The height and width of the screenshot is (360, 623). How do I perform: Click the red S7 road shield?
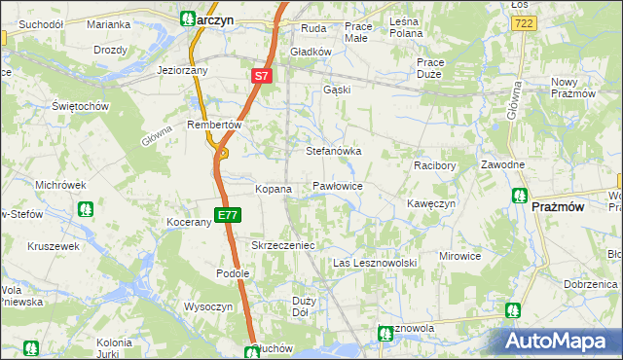point(261,75)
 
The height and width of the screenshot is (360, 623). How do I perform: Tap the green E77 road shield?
point(227,215)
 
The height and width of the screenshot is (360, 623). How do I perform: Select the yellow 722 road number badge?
point(525,21)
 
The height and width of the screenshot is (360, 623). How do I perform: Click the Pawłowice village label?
point(338,184)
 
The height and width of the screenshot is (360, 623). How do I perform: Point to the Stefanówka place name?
point(334,152)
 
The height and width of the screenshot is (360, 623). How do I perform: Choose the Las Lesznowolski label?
point(375,264)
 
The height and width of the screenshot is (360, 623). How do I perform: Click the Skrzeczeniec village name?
point(283,245)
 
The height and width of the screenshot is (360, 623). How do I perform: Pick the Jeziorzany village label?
point(184,71)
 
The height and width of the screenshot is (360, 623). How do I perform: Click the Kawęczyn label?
point(431,203)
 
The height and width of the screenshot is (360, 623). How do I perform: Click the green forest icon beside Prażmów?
point(519,196)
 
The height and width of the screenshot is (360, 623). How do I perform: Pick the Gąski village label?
point(336,90)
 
